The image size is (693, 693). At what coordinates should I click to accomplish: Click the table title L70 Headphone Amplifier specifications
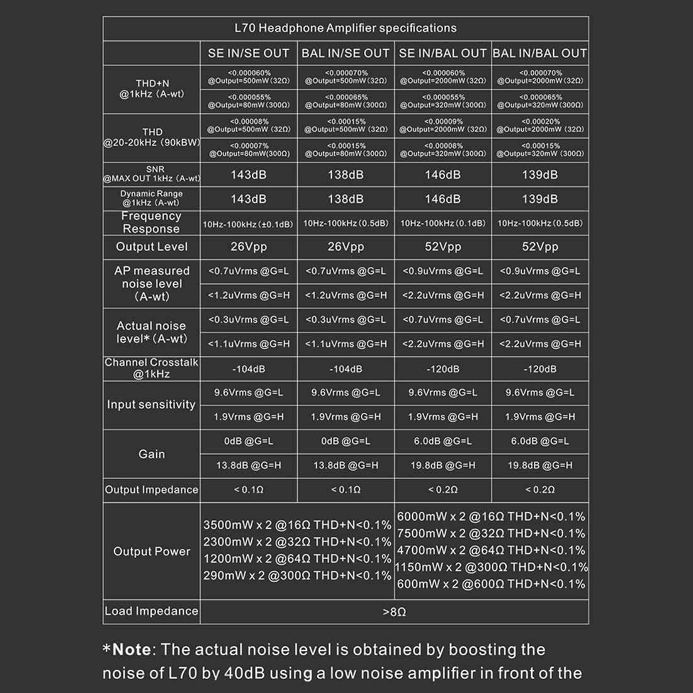pyautogui.click(x=345, y=28)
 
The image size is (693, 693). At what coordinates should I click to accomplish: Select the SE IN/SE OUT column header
pyautogui.click(x=249, y=54)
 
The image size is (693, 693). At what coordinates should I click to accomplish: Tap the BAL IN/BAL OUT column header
pyautogui.click(x=539, y=54)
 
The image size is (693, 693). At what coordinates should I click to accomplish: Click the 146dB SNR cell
pyautogui.click(x=442, y=175)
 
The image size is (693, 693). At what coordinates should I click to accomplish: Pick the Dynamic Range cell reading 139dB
pyautogui.click(x=539, y=199)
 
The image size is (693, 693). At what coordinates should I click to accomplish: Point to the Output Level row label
pyautogui.click(x=152, y=247)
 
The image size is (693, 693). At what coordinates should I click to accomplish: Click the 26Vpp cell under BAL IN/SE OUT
pyautogui.click(x=346, y=247)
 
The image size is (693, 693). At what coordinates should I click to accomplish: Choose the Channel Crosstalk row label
pyautogui.click(x=152, y=368)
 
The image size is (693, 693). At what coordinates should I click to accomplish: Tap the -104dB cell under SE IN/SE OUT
pyautogui.click(x=249, y=369)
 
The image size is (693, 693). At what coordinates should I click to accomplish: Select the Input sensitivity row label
pyautogui.click(x=151, y=405)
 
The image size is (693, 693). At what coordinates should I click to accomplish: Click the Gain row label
pyautogui.click(x=152, y=454)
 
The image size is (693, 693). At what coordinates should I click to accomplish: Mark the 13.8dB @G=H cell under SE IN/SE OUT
pyautogui.click(x=249, y=466)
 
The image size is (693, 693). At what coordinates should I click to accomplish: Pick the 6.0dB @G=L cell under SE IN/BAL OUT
pyautogui.click(x=442, y=441)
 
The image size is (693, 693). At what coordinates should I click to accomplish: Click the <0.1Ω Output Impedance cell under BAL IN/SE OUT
pyautogui.click(x=346, y=490)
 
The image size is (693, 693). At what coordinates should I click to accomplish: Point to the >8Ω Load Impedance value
pyautogui.click(x=394, y=612)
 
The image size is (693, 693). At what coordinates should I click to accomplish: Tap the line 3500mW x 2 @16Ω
pyautogui.click(x=297, y=525)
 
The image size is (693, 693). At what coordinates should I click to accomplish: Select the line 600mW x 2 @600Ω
pyautogui.click(x=491, y=584)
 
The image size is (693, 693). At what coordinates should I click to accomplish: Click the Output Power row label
pyautogui.click(x=152, y=551)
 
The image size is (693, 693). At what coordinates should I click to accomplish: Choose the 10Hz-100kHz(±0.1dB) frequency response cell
pyautogui.click(x=248, y=223)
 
